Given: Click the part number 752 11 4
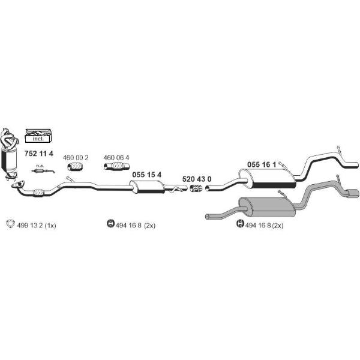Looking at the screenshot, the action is pos(38,154).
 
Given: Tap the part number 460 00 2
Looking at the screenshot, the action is pos(76,158).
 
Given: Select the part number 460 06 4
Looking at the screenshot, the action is pos(116,158).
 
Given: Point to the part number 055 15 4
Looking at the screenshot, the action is pos(147,175).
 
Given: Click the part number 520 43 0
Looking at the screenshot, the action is pos(197,179).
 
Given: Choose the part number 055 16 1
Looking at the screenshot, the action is pos(262,164).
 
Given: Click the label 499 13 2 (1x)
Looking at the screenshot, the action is pos(37,226).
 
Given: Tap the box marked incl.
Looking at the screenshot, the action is pos(38,137).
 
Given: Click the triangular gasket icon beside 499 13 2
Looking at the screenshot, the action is pos(11,224).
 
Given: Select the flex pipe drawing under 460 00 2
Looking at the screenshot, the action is pos(75,166).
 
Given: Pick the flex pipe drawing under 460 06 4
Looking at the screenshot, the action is pos(116,166).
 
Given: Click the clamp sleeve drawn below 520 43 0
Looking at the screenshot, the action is pos(196,188).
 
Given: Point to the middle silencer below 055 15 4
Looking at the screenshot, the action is pos(147,187).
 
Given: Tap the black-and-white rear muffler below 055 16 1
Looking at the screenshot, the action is pos(268,179).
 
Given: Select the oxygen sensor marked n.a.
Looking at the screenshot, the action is pos(43,170).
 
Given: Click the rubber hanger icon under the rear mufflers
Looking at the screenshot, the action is pos(240,223).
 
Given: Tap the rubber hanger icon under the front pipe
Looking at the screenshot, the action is pos(110,223).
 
